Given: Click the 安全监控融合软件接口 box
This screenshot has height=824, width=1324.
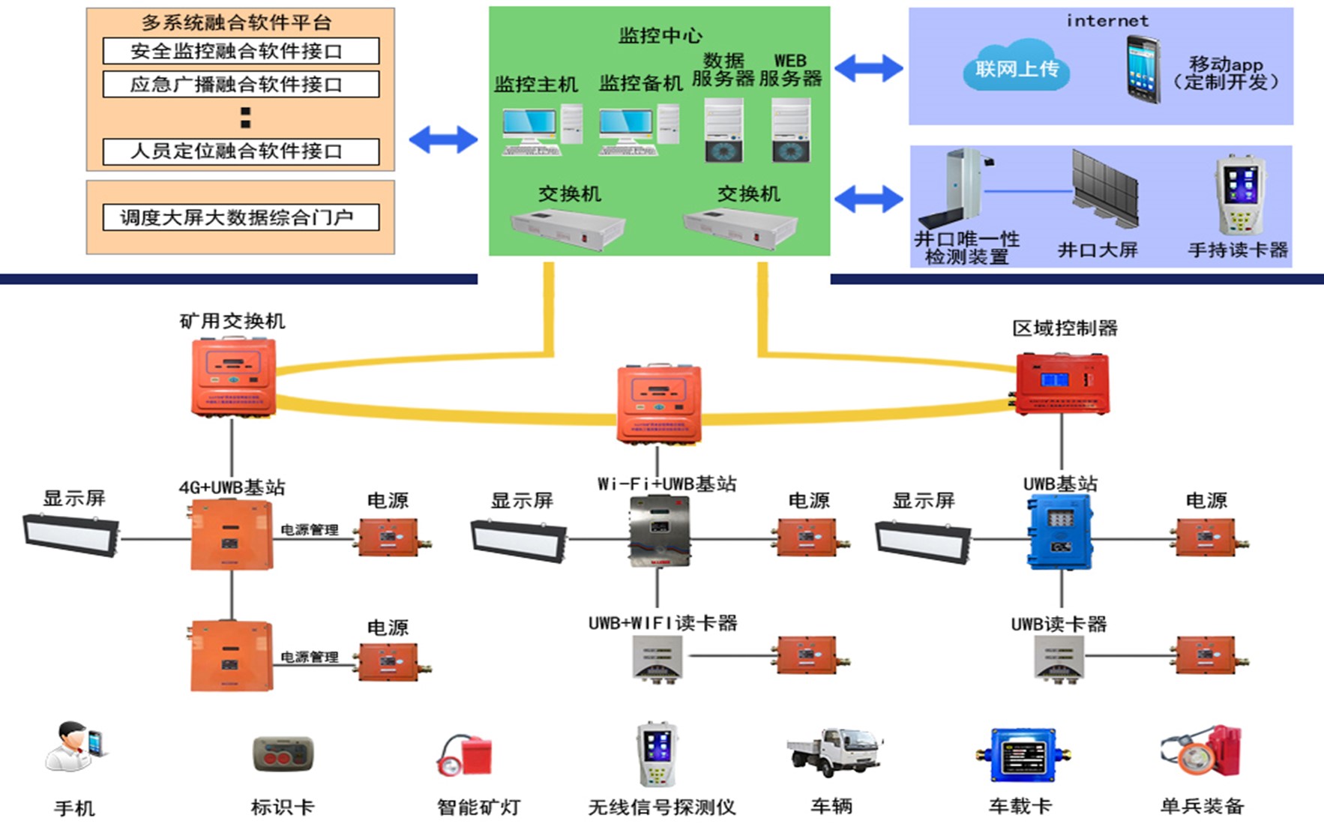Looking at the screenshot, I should point(240,51).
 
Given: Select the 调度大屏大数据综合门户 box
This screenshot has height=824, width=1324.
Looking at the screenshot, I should point(240,217).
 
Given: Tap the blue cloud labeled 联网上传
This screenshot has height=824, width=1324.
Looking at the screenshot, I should point(1016,69).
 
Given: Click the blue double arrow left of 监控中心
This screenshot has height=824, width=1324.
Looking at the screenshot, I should point(443,139).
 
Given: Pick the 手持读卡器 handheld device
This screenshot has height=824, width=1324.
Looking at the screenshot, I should point(1239,195).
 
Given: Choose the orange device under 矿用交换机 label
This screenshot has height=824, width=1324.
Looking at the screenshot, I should point(233,376).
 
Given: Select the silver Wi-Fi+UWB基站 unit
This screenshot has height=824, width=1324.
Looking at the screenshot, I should point(658,532).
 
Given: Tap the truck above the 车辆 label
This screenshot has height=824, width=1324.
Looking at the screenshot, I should point(834,751).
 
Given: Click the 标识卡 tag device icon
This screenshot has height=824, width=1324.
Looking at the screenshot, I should point(283,754).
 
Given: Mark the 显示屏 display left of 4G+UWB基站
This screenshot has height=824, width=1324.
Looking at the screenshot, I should point(72,534).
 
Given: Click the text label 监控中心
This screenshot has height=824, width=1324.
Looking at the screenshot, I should point(660,35).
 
